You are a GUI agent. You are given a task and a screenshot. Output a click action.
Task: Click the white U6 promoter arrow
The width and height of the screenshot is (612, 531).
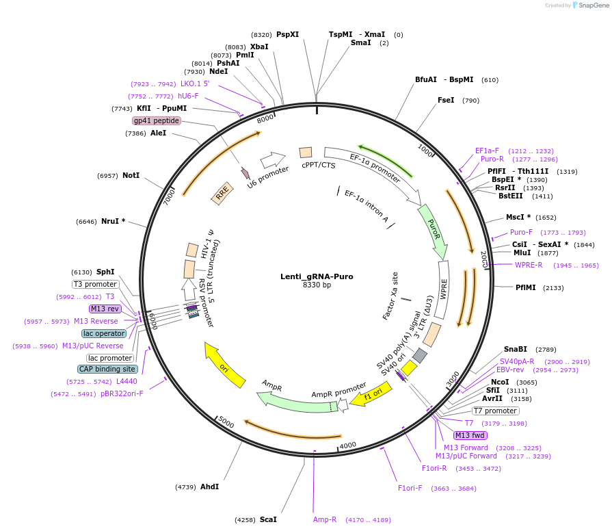(x=271, y=161)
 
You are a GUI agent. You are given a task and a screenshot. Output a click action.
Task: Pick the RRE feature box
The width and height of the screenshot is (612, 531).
(x=222, y=195)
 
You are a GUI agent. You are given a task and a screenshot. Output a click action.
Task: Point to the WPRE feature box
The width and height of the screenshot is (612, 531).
(x=443, y=290)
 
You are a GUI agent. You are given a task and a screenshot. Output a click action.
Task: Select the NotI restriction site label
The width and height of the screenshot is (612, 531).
(x=131, y=175)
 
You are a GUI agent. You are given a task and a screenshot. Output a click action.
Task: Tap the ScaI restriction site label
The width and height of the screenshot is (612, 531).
(x=268, y=519)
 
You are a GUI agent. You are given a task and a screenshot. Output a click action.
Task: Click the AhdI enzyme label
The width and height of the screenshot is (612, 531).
(x=209, y=487)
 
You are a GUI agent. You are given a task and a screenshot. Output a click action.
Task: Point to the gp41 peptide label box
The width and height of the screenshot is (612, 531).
(x=157, y=120)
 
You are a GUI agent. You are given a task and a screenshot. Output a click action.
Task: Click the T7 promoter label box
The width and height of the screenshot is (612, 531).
(x=496, y=411)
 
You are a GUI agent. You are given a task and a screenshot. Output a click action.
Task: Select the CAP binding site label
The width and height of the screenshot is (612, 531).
(x=107, y=369)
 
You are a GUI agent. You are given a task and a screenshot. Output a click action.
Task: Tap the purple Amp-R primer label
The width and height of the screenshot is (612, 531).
(x=325, y=519)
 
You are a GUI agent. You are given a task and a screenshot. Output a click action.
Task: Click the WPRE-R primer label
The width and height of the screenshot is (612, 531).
(x=529, y=265)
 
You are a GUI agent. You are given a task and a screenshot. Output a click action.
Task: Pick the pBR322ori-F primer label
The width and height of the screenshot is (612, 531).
(x=122, y=393)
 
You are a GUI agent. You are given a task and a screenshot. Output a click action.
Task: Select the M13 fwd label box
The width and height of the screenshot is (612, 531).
(x=470, y=435)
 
